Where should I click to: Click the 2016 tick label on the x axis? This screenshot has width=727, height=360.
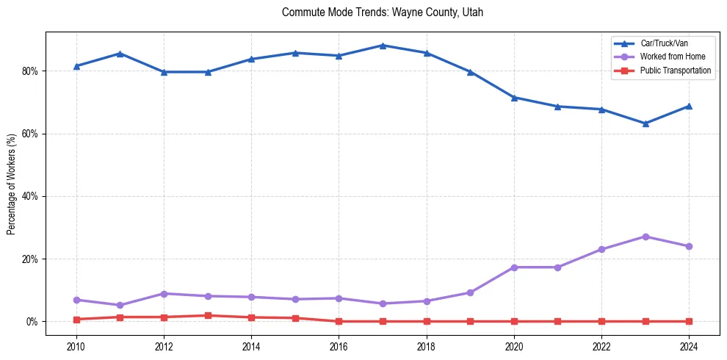click(x=339, y=346)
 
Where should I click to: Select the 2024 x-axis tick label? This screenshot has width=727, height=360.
click(x=690, y=346)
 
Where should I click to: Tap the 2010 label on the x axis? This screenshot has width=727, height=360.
click(x=76, y=346)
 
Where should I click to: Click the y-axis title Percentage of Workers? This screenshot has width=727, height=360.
click(x=12, y=184)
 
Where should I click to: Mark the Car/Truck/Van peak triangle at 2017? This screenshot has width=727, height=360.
click(x=383, y=46)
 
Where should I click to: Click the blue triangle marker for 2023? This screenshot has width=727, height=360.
click(x=645, y=123)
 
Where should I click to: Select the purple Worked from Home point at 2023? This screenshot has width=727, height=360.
click(x=645, y=237)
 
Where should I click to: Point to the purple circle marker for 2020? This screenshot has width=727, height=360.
click(x=514, y=267)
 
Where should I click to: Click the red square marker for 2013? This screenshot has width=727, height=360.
click(x=208, y=316)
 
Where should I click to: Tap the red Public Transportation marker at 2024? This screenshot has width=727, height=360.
click(x=690, y=321)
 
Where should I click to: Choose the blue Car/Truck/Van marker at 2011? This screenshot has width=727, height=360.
click(x=120, y=54)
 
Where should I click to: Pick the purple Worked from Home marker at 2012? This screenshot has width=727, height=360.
click(x=164, y=294)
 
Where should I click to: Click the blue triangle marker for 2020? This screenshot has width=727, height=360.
click(x=514, y=98)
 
